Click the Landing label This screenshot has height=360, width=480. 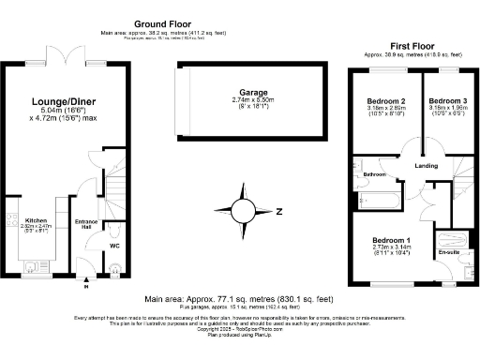427,166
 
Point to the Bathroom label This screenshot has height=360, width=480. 375,175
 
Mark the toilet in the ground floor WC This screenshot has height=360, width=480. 113,230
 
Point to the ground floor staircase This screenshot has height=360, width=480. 116,191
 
